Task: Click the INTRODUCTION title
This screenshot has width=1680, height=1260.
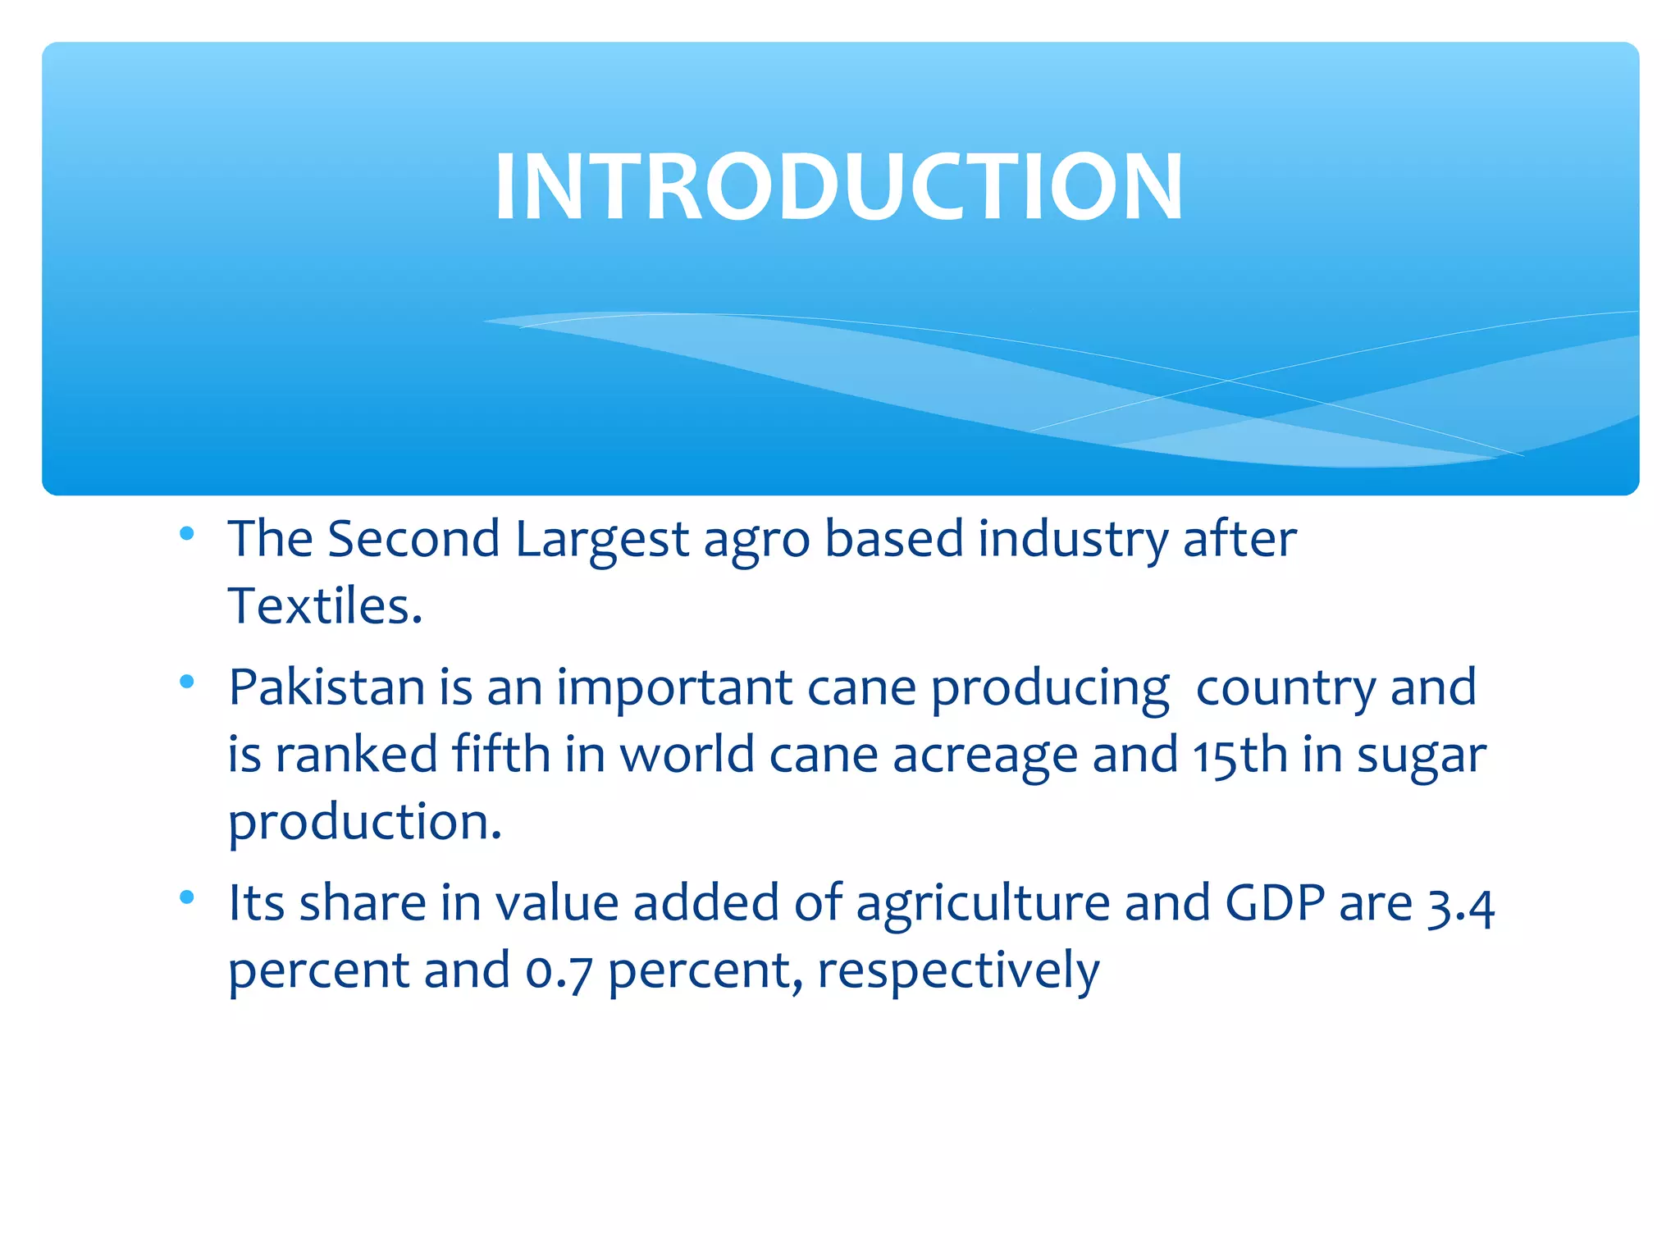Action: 838,187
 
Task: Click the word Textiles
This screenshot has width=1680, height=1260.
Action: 325,606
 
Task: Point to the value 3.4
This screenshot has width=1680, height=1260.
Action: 1460,906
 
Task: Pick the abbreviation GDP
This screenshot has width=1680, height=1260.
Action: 1275,903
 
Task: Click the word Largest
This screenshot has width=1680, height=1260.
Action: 602,541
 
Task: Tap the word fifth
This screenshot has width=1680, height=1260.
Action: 501,754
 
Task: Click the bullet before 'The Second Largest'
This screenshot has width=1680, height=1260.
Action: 187,534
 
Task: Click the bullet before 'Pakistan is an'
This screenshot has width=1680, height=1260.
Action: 187,682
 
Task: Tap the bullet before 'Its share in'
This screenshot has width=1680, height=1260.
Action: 187,897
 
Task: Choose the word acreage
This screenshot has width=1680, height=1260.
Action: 984,756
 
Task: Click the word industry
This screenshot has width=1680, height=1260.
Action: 1073,541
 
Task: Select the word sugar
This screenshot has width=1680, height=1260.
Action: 1421,756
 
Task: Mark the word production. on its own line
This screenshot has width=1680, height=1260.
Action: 365,823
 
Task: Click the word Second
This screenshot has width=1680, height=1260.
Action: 413,539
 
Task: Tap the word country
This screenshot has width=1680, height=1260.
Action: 1285,688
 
